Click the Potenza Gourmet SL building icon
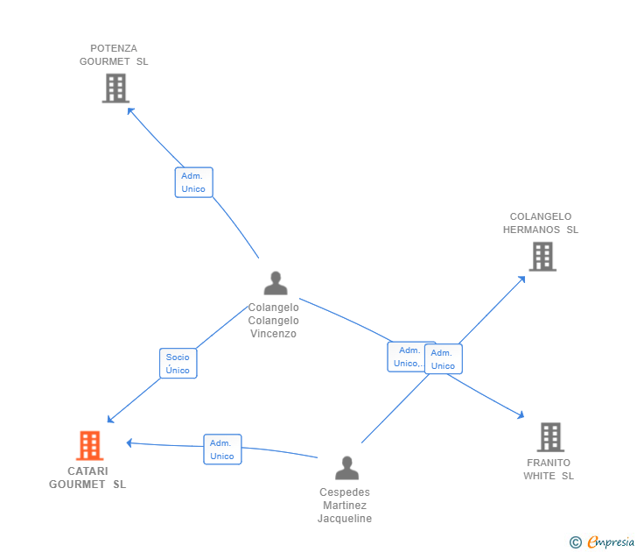(115, 88)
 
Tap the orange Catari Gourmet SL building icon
(90, 445)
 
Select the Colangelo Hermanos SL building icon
(542, 257)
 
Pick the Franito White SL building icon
(550, 437)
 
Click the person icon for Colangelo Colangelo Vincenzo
(276, 283)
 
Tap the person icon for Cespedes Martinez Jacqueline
(346, 468)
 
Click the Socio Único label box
(178, 364)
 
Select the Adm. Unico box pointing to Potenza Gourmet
(193, 182)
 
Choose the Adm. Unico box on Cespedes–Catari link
(222, 449)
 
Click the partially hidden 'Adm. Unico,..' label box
(406, 357)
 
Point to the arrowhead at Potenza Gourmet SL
(130, 110)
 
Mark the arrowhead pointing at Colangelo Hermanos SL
(522, 279)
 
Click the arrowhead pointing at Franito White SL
(521, 415)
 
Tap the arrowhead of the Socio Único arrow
(110, 420)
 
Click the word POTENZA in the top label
(114, 48)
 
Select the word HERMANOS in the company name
(531, 230)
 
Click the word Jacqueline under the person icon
(345, 519)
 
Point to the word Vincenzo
(273, 334)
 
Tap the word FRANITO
(549, 463)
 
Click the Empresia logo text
(611, 541)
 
